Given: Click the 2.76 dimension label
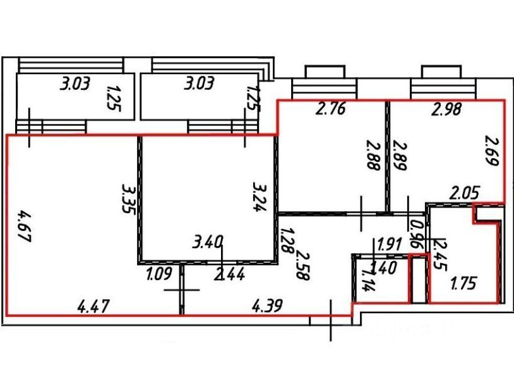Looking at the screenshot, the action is pos(331,109).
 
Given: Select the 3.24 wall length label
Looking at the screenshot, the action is pos(258,197).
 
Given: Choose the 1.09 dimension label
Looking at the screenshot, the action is pos(158,275).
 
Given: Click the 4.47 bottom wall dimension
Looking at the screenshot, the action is pos(93,307).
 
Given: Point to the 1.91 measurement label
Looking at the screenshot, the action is pos(390,244).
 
